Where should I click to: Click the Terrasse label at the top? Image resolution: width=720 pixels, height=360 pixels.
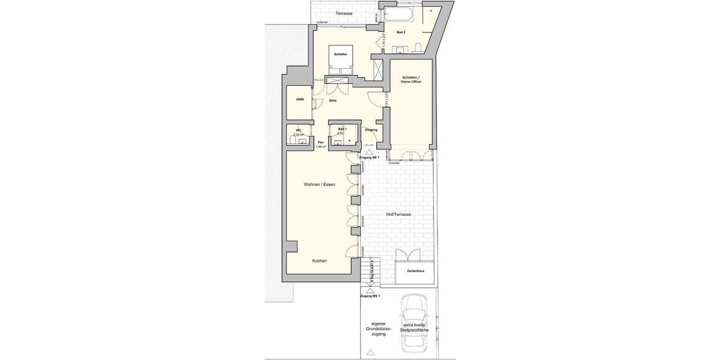(x=344, y=13)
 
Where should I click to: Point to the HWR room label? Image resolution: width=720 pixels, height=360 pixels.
(x=299, y=100)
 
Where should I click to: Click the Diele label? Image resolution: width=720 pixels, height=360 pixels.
(x=332, y=100)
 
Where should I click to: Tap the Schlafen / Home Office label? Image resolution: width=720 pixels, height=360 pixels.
(x=411, y=79)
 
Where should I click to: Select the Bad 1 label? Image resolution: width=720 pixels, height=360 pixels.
(x=343, y=129)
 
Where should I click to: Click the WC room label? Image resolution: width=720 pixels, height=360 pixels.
(x=298, y=130)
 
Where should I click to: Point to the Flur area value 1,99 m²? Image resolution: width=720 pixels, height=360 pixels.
(x=320, y=146)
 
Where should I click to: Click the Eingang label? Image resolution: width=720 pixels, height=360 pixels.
(x=371, y=130)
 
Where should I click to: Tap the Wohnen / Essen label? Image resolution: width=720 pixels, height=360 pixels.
(x=319, y=184)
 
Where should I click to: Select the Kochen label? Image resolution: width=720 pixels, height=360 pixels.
(x=319, y=261)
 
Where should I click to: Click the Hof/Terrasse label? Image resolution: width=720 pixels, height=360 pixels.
(x=397, y=214)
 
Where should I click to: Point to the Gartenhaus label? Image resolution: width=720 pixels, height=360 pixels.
(x=415, y=271)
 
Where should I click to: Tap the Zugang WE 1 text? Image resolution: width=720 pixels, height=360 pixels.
(x=370, y=296)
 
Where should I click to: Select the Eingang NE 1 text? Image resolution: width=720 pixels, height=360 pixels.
(x=377, y=157)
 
